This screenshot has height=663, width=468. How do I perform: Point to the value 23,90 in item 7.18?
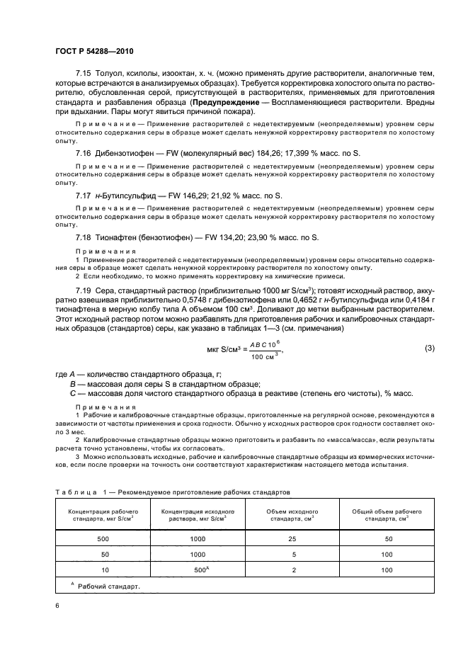(249, 237)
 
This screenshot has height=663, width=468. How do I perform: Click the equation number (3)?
(428, 348)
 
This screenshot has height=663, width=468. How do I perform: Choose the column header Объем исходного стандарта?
(291, 514)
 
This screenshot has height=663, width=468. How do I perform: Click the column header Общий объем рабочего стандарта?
(387, 514)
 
